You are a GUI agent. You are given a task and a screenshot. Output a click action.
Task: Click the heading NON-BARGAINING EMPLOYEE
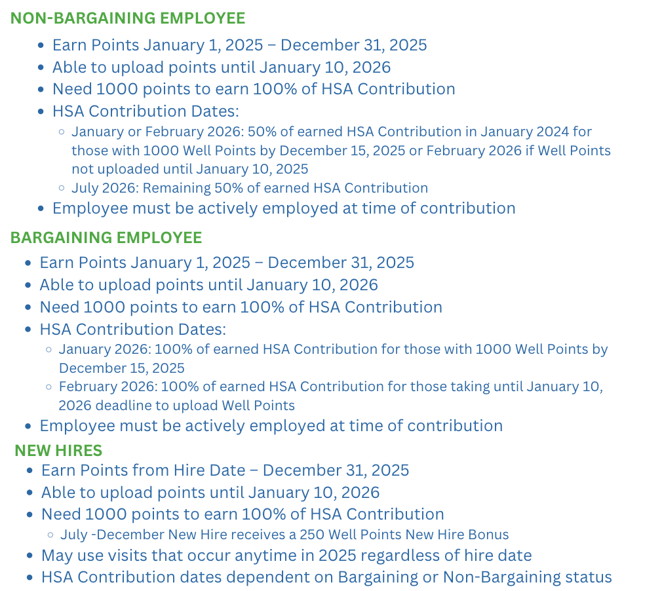tap(127, 18)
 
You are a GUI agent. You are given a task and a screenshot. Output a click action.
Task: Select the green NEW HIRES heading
tap(58, 450)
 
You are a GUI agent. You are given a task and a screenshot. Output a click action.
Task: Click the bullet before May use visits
tap(30, 556)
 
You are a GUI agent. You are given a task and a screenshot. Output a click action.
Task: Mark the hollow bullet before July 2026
tap(62, 189)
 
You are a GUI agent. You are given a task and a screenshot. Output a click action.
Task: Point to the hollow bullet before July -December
tap(50, 535)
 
